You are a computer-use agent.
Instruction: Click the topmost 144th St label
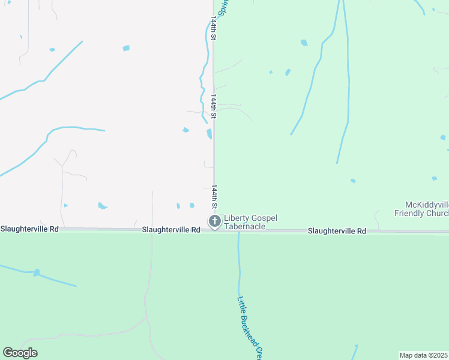point(213,29)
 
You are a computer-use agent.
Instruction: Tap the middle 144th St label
point(213,105)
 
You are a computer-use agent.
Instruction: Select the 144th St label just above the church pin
point(213,197)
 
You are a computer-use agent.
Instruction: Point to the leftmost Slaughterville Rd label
point(29,229)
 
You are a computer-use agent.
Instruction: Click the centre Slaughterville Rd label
point(171,230)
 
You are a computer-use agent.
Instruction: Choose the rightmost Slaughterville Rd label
point(337,231)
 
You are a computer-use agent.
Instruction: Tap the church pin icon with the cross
point(214,221)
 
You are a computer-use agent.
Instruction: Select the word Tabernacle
point(244,226)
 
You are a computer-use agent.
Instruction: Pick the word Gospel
point(264,218)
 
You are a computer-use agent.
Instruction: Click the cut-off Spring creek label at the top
point(223,7)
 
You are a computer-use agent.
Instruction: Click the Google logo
point(20,353)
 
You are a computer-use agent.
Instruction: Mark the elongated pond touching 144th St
point(209,134)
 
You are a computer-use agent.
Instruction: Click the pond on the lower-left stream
point(37,272)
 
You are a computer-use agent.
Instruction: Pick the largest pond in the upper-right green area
point(304,43)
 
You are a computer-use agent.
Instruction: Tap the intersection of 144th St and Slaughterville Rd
point(214,230)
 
